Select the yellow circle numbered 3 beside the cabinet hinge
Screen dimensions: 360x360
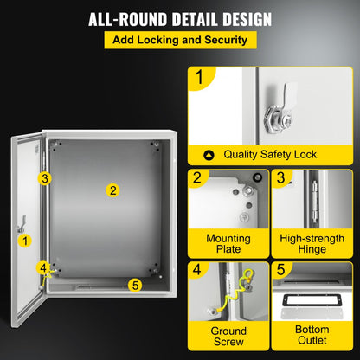pyautogui.click(x=45, y=178)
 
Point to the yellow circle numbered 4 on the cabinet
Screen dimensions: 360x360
pyautogui.click(x=42, y=267)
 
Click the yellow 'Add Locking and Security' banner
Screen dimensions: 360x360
pyautogui.click(x=179, y=41)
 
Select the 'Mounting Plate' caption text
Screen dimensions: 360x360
pyautogui.click(x=228, y=244)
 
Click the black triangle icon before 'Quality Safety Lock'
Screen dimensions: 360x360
pyautogui.click(x=209, y=155)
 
